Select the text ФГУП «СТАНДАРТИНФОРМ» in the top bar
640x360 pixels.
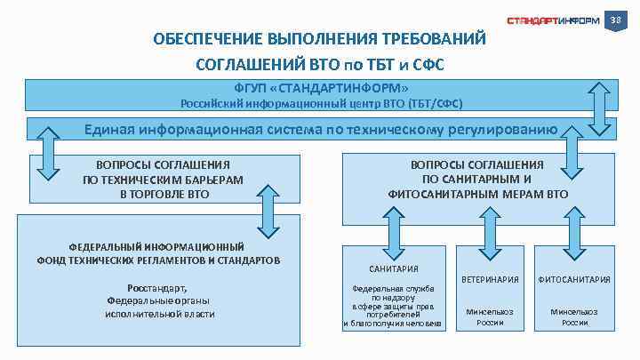(x=322, y=89)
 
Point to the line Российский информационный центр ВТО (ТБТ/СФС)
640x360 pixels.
(x=322, y=104)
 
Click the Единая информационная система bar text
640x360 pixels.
(x=320, y=130)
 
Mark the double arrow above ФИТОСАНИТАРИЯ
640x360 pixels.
(x=576, y=229)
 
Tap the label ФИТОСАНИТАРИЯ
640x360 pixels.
(x=574, y=279)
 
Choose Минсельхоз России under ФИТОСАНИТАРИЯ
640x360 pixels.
(x=574, y=316)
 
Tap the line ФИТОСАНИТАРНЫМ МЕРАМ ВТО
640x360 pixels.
(x=477, y=193)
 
